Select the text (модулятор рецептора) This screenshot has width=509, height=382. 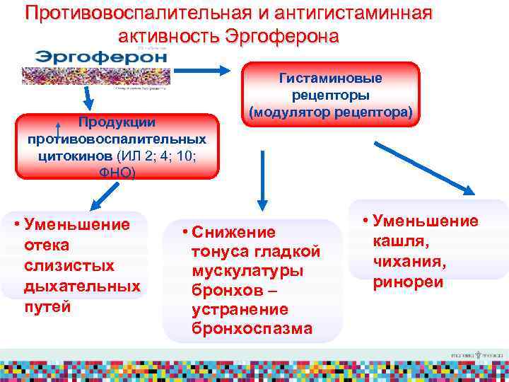coord(331,112)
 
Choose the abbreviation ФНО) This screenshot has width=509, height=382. coord(117,171)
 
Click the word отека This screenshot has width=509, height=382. coord(46,245)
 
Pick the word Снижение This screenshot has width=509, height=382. coord(233,233)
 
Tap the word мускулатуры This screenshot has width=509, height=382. coord(247,272)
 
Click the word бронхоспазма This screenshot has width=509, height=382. coord(251,329)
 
